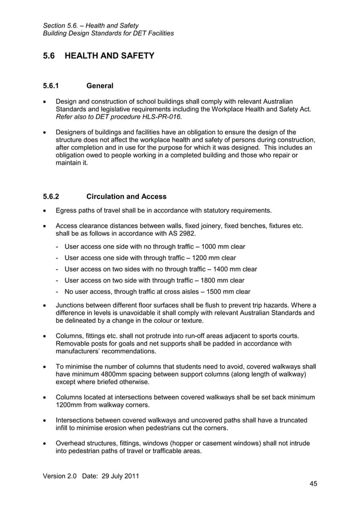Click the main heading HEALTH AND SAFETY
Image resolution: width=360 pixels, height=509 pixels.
pos(109,56)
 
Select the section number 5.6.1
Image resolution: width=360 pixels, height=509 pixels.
pos(51,86)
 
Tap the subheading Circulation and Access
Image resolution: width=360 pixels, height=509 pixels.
pos(126,196)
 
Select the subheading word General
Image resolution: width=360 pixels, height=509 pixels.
pos(100,86)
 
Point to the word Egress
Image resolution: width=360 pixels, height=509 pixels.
pos(67,210)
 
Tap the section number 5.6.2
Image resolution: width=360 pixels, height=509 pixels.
pos(51,196)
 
